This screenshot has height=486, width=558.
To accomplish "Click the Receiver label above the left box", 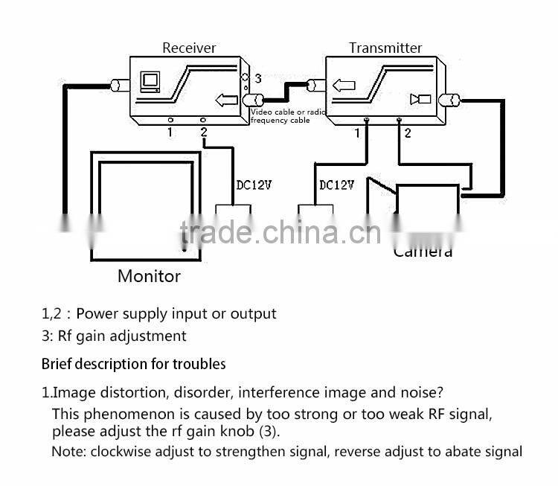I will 189,48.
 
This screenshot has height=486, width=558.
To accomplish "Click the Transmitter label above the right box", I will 385,48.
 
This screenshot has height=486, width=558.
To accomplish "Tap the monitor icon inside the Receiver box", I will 151,80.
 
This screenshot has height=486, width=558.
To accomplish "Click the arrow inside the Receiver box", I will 225,100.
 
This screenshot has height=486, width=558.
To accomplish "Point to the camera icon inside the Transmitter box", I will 420,100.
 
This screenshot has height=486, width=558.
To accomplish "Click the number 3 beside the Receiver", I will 257,77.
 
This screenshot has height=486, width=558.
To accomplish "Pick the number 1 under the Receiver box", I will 170,132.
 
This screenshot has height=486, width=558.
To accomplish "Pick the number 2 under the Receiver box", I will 203,132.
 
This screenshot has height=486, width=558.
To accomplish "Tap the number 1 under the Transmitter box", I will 359,132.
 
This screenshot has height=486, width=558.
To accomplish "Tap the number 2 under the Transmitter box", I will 407,133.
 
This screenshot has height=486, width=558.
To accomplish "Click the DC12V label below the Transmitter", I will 336,184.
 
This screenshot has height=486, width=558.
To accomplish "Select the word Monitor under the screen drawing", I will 149,276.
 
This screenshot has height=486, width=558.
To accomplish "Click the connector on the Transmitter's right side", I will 450,100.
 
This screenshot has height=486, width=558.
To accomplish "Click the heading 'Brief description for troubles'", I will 133,365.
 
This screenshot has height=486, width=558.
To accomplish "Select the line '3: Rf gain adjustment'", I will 114,336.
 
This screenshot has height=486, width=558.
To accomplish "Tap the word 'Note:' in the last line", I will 68,451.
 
